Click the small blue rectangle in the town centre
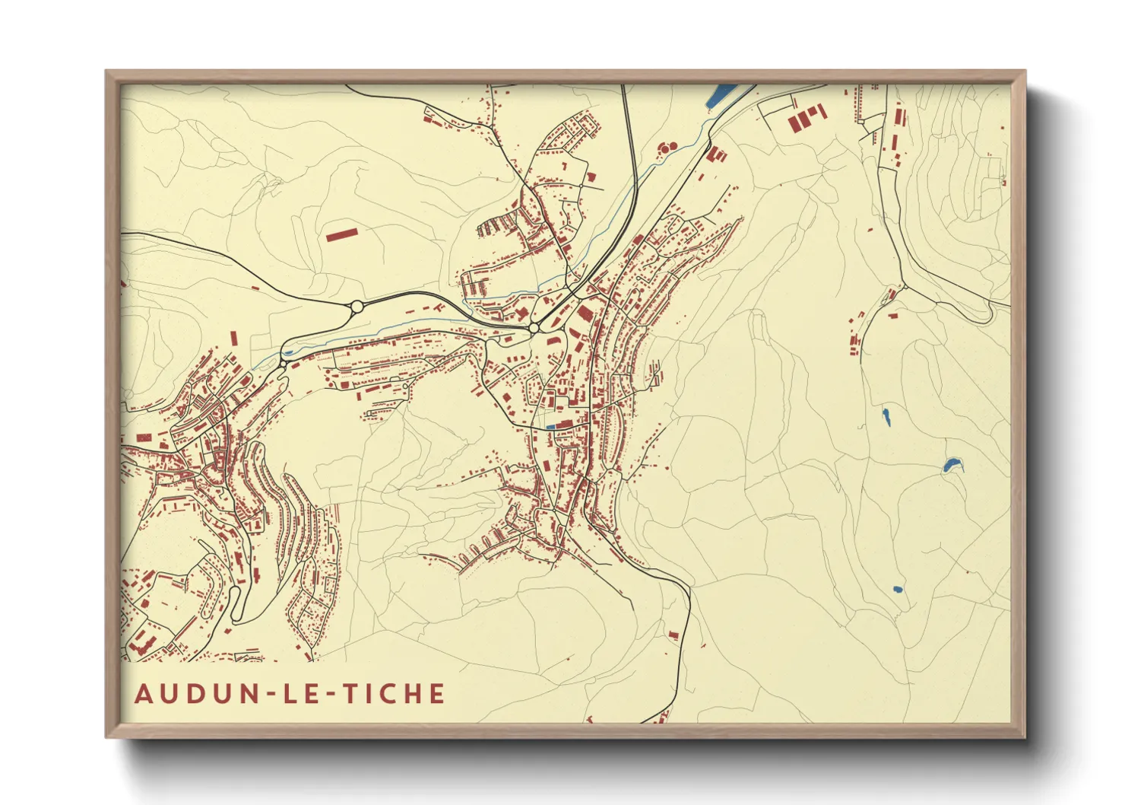pos(550,428)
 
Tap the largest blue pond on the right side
pos(951,465)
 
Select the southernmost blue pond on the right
pos(898,589)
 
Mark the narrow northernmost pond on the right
pos(886,416)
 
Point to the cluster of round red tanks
pos(667,148)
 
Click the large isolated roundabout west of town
pos(356,307)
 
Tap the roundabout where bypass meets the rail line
pos(534,327)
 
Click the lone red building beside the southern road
pos(672,634)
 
